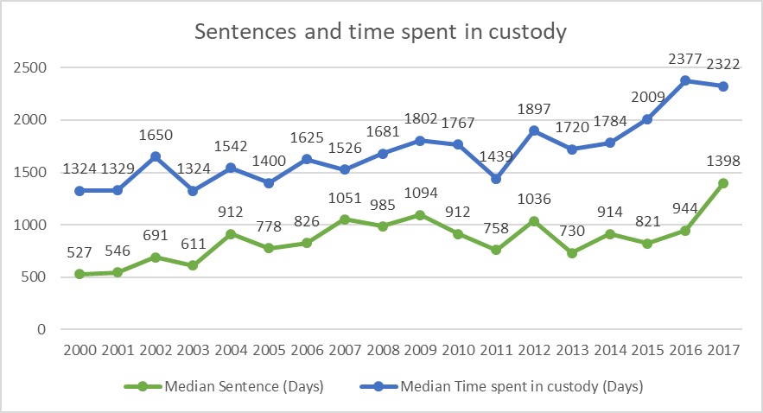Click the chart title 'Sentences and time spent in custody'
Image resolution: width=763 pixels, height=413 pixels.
[x=380, y=34]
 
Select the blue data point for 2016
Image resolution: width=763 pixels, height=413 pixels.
[x=685, y=80]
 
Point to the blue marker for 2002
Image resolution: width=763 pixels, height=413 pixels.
[x=156, y=156]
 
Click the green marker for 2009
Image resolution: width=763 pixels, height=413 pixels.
[x=421, y=214]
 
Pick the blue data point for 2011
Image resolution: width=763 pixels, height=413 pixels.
[x=496, y=178]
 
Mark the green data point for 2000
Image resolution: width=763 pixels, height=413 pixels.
[x=80, y=274]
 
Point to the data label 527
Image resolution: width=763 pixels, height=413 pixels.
[x=80, y=253]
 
